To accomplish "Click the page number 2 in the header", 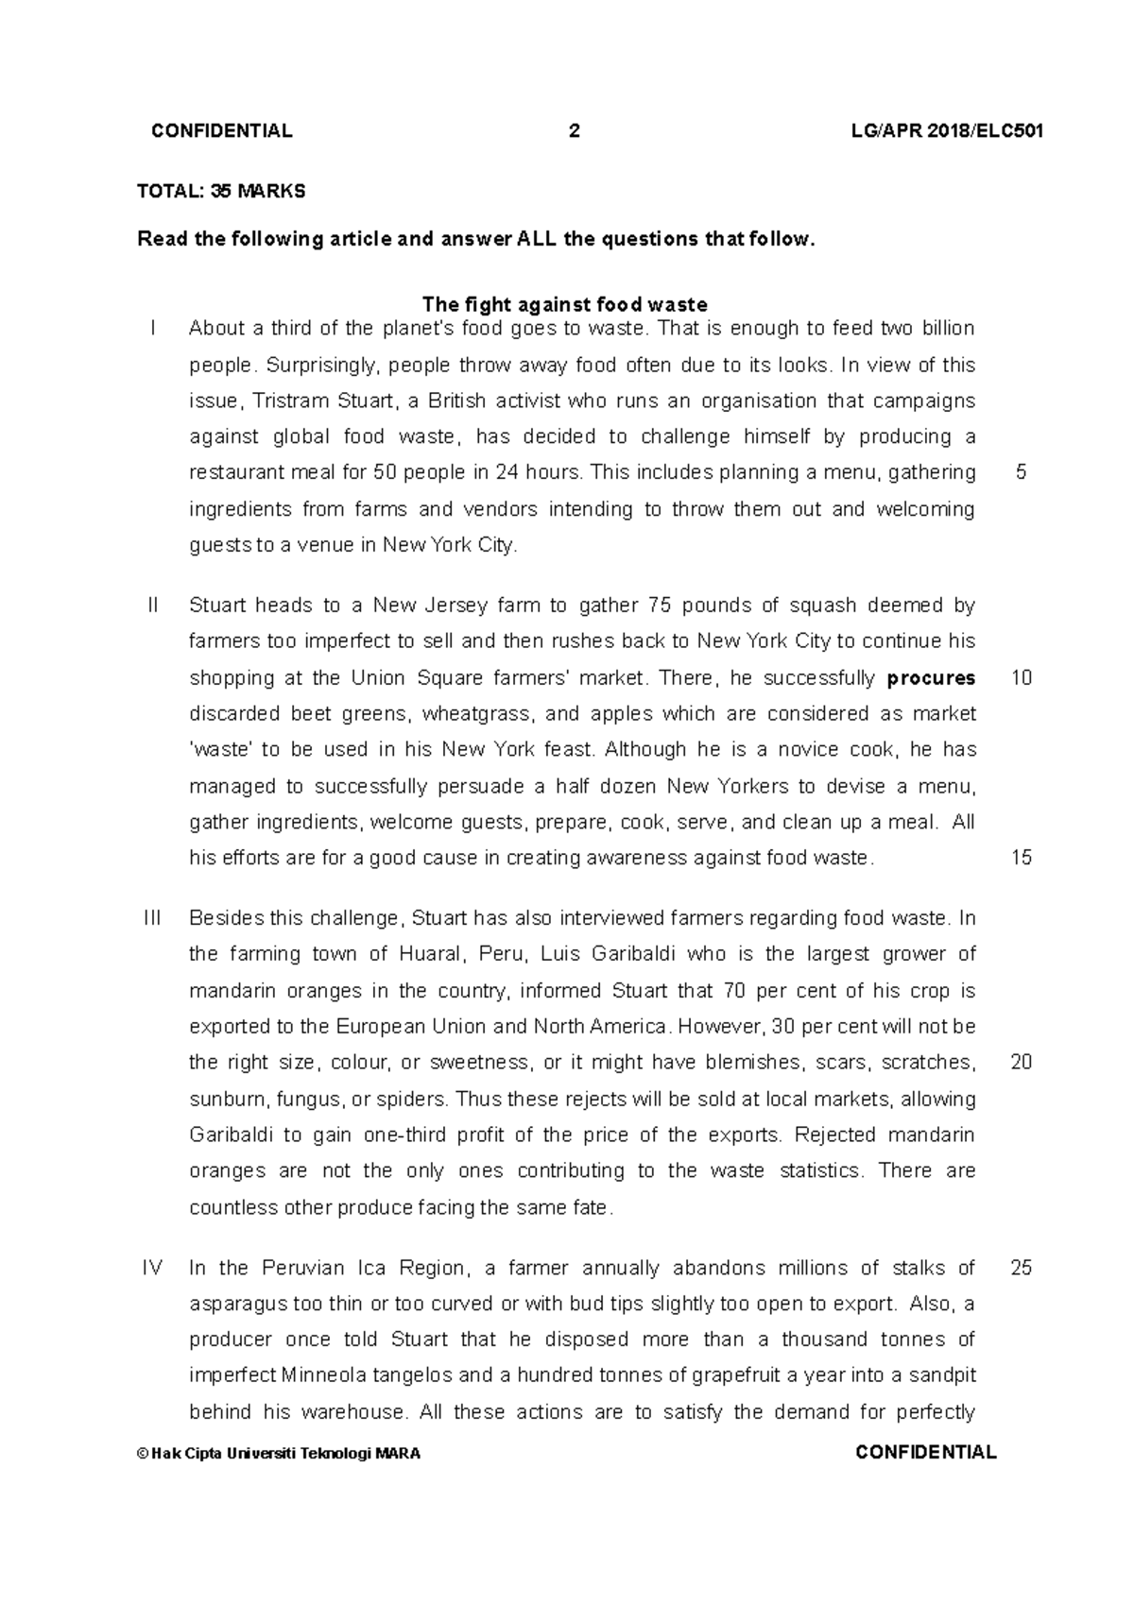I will pyautogui.click(x=574, y=131).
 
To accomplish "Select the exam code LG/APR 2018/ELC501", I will pyautogui.click(x=946, y=131).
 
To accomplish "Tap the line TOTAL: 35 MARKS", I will pyautogui.click(x=221, y=191).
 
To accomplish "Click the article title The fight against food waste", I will pyautogui.click(x=564, y=304).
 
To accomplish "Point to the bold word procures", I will pyautogui.click(x=931, y=677).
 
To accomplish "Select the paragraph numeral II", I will pyautogui.click(x=153, y=605).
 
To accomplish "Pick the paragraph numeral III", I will pyautogui.click(x=153, y=917).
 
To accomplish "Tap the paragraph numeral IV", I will pyautogui.click(x=153, y=1268).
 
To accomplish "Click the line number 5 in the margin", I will pyautogui.click(x=1021, y=472).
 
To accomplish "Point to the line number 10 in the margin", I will pyautogui.click(x=1021, y=677).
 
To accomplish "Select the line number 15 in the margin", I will pyautogui.click(x=1021, y=858).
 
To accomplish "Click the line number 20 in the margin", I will pyautogui.click(x=1021, y=1062).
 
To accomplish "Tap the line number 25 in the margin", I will pyautogui.click(x=1021, y=1268).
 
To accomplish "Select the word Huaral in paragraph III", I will pyautogui.click(x=431, y=954).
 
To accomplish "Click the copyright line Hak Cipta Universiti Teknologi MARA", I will pyautogui.click(x=279, y=1454).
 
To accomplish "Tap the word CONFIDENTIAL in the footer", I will pyautogui.click(x=925, y=1453).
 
